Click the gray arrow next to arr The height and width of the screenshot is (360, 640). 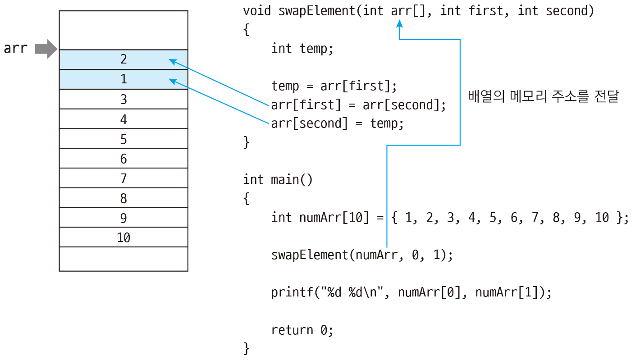pyautogui.click(x=46, y=49)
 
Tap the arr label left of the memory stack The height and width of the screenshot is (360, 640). pyautogui.click(x=16, y=48)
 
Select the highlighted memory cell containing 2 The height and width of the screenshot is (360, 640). pyautogui.click(x=123, y=59)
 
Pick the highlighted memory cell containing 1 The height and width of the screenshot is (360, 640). pyautogui.click(x=123, y=79)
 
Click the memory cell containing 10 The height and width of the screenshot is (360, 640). pyautogui.click(x=123, y=237)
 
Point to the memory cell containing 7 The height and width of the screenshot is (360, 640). pyautogui.click(x=123, y=178)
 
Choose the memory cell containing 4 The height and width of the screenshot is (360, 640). pyautogui.click(x=123, y=119)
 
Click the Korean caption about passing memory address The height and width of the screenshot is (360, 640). pyautogui.click(x=544, y=96)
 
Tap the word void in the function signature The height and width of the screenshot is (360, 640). pyautogui.click(x=257, y=11)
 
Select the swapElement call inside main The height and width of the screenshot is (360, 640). pyautogui.click(x=362, y=255)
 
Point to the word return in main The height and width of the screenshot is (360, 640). pyautogui.click(x=292, y=330)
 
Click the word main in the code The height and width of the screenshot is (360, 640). pyautogui.click(x=285, y=180)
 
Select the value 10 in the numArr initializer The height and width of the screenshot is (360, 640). pyautogui.click(x=602, y=218)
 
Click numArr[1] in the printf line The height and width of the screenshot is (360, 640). pyautogui.click(x=510, y=292)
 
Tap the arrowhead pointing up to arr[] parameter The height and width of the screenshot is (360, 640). pyautogui.click(x=400, y=23)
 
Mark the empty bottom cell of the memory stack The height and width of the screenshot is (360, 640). pyautogui.click(x=123, y=259)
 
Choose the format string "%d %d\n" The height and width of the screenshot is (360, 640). pyautogui.click(x=352, y=292)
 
